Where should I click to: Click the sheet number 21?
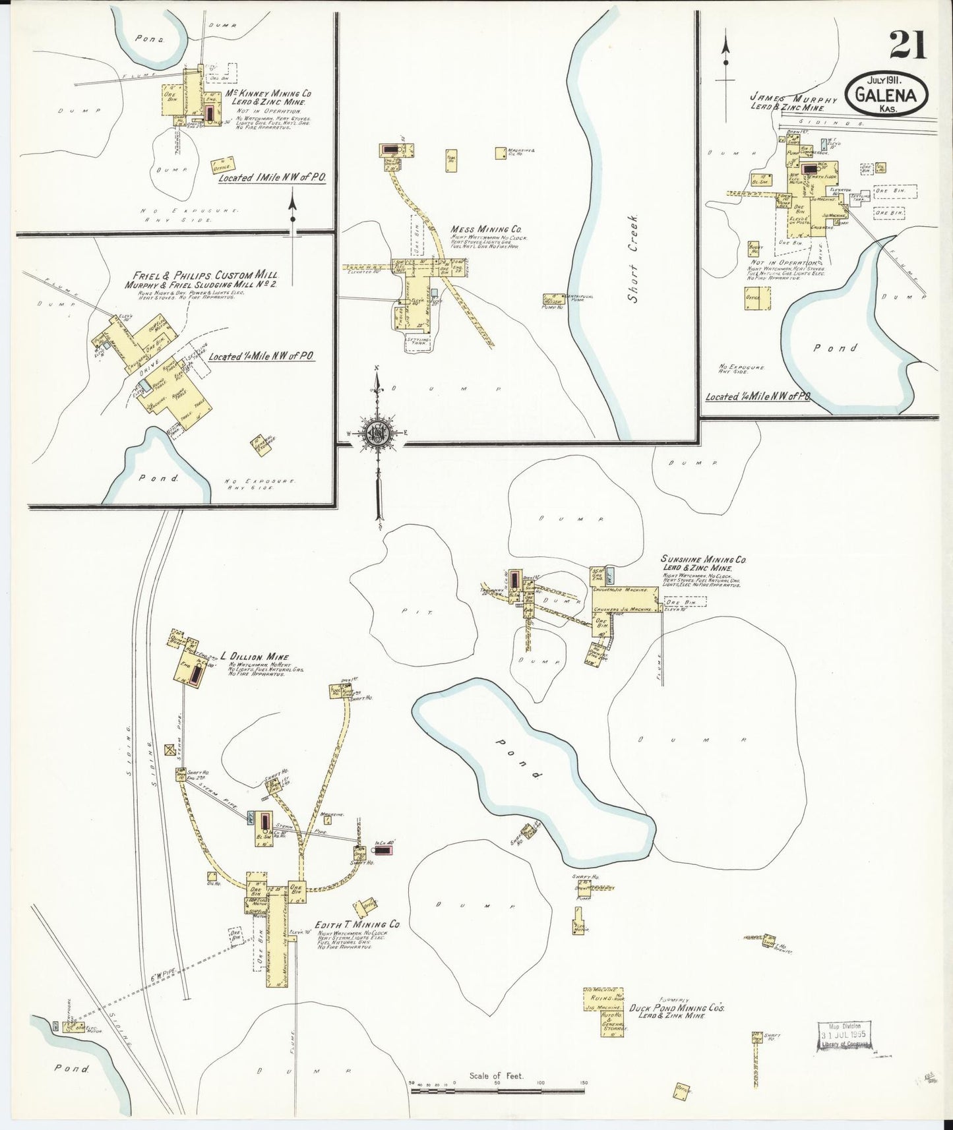point(907,45)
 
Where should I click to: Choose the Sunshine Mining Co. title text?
point(703,559)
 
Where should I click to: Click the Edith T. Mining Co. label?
point(358,925)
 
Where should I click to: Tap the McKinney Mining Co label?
point(268,94)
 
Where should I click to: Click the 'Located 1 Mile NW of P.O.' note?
point(272,178)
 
